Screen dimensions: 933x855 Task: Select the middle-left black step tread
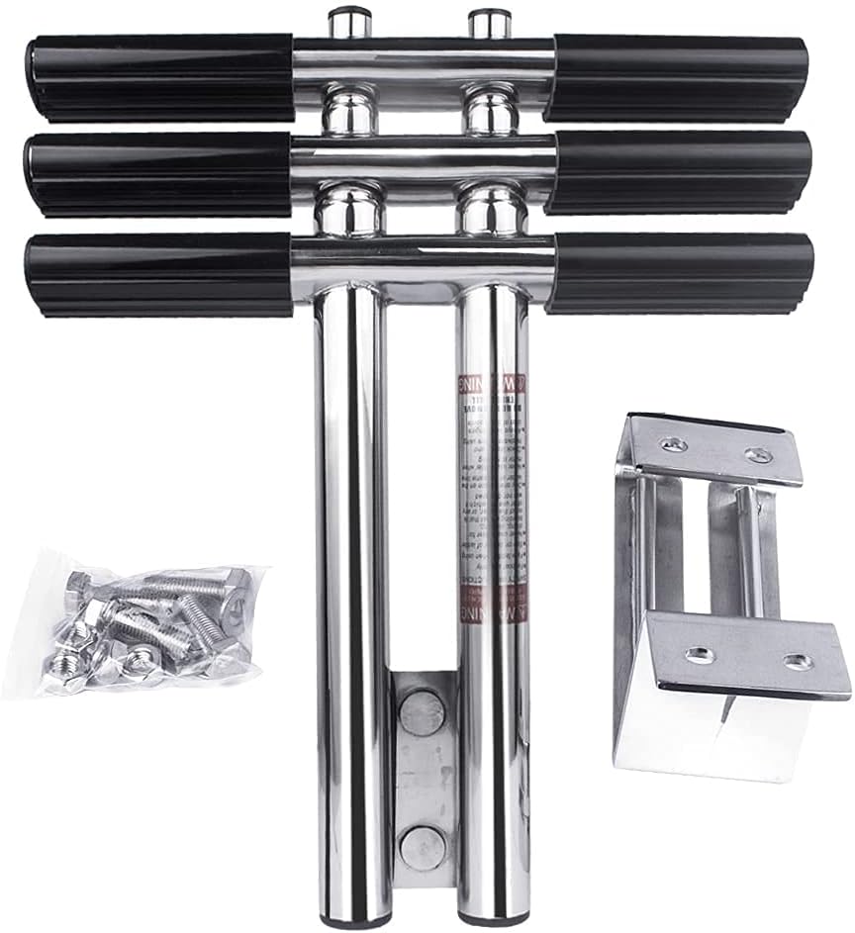tap(158, 173)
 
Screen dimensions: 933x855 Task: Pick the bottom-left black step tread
tap(158, 274)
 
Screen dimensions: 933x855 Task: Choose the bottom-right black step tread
tap(681, 273)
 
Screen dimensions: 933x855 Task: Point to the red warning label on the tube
tap(492, 495)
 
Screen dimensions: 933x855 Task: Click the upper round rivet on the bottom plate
tap(423, 712)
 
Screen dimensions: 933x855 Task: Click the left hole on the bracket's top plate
tap(673, 443)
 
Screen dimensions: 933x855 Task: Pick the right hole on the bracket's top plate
tap(759, 455)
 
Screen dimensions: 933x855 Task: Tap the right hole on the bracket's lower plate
tap(798, 661)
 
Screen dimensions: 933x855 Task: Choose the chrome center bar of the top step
tap(423, 62)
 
